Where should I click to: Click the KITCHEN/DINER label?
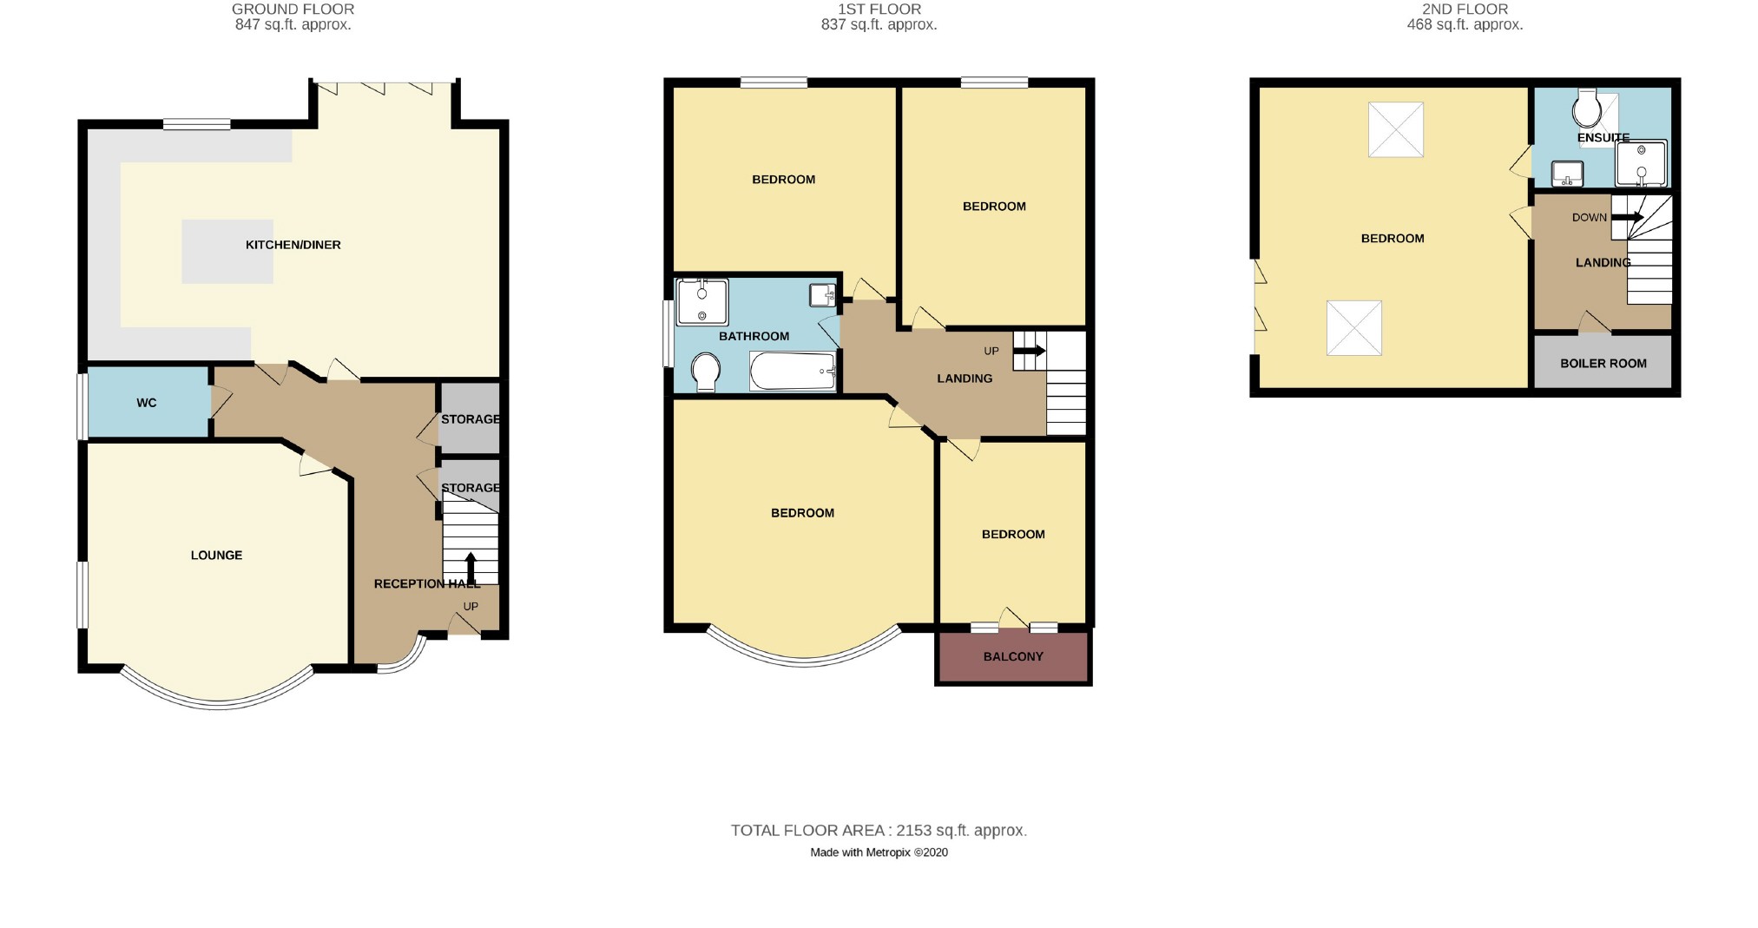coord(293,245)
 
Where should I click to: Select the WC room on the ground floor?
coord(147,403)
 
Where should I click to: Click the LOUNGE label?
coord(216,556)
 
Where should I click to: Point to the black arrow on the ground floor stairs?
coord(471,567)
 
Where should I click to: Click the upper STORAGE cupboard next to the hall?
coord(470,419)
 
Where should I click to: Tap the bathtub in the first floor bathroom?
coord(792,372)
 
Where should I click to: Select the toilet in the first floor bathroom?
coord(706,371)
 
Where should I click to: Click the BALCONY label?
coord(1013,656)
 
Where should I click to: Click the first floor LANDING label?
coord(965,378)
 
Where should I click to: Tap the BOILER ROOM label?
coord(1603,364)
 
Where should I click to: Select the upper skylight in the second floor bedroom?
coord(1395,130)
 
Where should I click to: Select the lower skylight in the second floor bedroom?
coord(1353,328)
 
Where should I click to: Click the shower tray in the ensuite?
coord(1641,163)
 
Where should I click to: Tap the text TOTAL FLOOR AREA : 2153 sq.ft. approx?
coord(879,831)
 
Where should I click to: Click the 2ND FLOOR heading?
coord(1465,10)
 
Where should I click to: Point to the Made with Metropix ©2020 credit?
coord(879,852)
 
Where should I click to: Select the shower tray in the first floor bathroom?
coord(701,302)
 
